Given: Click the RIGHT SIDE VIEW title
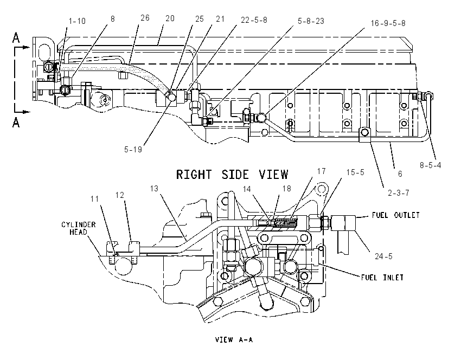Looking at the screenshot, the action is click(x=232, y=175).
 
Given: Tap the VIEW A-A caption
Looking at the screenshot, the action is click(x=234, y=340).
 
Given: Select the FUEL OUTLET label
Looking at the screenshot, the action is click(x=396, y=215).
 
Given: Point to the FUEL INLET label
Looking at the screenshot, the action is click(x=382, y=278).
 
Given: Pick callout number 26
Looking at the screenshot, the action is click(x=145, y=18).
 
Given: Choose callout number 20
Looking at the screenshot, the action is click(x=170, y=18).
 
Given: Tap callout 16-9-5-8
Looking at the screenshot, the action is click(x=388, y=23).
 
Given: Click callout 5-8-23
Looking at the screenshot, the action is click(x=311, y=21).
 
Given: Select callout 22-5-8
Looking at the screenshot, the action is click(x=254, y=20).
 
